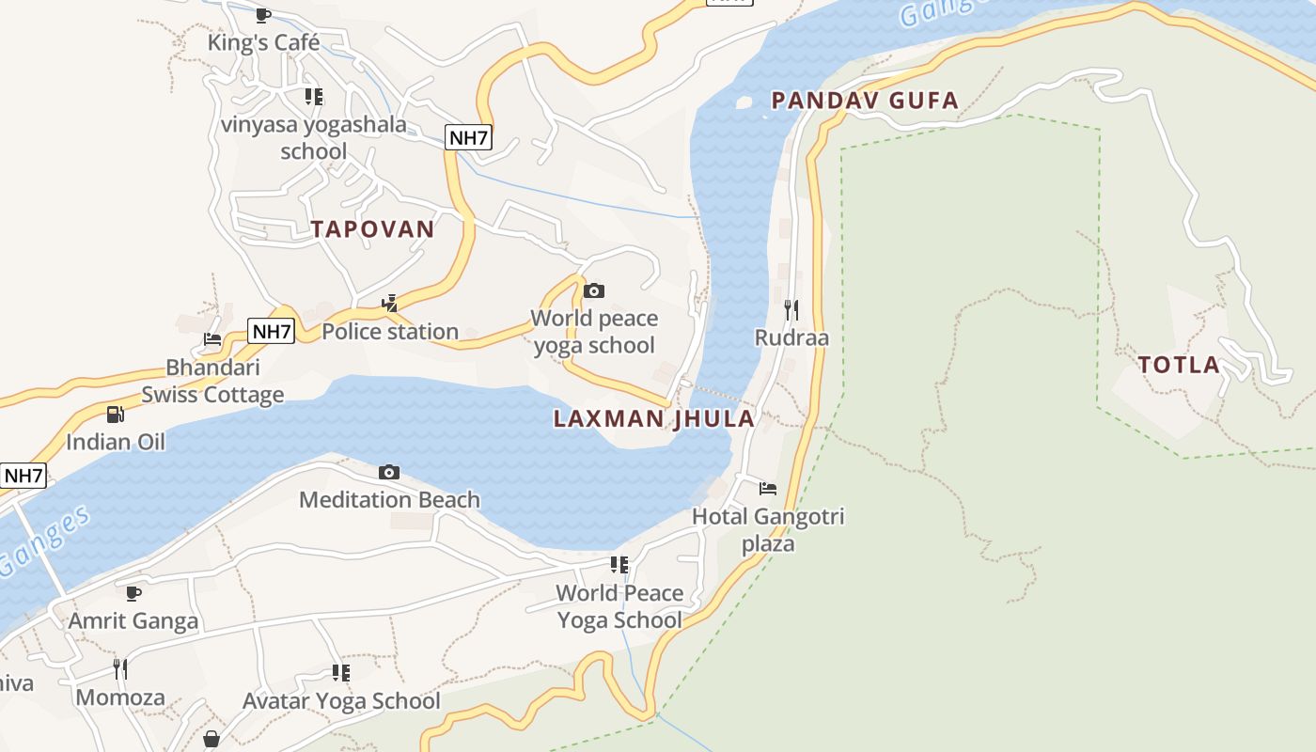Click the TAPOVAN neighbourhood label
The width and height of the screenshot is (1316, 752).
(x=373, y=229)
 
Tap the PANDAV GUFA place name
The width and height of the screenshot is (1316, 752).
(x=865, y=101)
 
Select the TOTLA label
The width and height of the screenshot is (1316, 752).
(x=1179, y=366)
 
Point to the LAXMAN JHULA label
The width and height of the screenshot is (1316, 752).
(x=654, y=419)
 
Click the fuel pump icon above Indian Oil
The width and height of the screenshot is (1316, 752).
(x=116, y=414)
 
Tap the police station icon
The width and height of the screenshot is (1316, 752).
(x=390, y=304)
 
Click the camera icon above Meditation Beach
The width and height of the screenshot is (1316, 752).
(x=389, y=472)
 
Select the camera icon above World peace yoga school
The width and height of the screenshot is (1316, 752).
(x=594, y=291)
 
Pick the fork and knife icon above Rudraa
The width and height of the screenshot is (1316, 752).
(x=791, y=309)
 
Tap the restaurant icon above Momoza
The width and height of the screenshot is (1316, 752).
(x=120, y=669)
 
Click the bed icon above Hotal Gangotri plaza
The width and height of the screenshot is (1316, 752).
(x=768, y=489)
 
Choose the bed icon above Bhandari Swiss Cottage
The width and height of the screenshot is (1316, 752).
(x=212, y=339)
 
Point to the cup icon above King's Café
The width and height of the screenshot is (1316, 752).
(x=263, y=15)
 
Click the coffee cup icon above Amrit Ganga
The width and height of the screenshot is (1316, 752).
(x=133, y=593)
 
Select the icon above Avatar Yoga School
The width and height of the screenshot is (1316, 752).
(x=341, y=673)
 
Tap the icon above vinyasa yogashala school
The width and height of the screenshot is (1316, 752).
(x=314, y=97)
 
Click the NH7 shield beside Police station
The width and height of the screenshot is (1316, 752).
(x=272, y=331)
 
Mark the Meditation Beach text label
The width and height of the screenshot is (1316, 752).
(x=389, y=500)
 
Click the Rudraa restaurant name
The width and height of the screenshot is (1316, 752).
(x=791, y=337)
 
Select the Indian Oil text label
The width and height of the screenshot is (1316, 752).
(x=116, y=442)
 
